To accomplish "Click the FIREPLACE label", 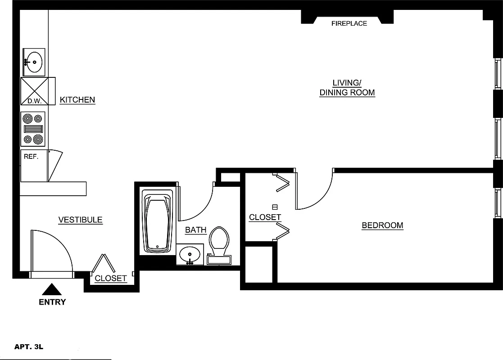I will (349, 23).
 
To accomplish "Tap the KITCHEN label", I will (77, 100).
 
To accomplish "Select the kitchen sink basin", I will (34, 62).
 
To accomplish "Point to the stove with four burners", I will (33, 129).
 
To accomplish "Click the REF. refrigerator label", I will (32, 157).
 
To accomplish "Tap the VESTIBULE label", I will (81, 220).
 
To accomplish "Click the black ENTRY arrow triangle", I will (52, 289).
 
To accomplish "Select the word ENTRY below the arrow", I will (52, 302).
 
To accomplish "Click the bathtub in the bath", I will (158, 220).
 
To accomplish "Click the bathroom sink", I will (190, 254).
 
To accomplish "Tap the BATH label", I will (196, 230).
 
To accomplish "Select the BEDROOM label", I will (382, 225).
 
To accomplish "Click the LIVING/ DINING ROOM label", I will (347, 88).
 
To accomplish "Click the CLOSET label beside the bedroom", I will (265, 217).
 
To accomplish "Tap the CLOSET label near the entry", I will (111, 279).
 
